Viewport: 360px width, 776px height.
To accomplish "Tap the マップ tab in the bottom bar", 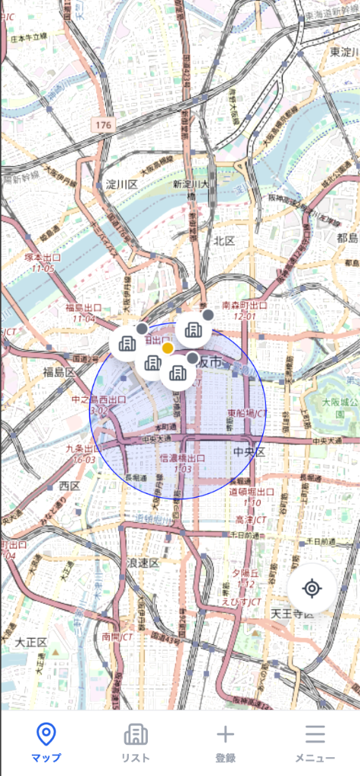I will coord(46,742).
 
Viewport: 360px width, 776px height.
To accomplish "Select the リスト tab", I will coord(136,742).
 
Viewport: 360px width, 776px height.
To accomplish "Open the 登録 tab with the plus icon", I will coord(225,742).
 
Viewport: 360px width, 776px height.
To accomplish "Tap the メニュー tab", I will coord(315,742).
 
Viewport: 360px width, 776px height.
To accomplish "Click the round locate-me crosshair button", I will coord(311,588).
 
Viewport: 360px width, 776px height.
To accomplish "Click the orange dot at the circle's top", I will coord(168,348).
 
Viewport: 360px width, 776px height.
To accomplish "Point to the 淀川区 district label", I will coord(121,184).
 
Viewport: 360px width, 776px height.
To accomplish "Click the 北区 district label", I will coord(224,240).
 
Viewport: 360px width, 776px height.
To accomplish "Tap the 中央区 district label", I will coord(248,452).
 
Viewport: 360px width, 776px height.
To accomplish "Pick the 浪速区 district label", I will coord(142,562).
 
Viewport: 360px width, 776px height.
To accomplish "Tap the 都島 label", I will coord(347,238).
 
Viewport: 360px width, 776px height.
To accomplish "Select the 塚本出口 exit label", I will coord(42,258).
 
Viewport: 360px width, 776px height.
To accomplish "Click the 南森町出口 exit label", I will coord(245,305).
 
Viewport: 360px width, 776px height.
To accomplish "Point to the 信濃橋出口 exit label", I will coord(183,458).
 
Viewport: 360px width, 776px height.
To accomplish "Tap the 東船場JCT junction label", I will coord(247,414).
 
